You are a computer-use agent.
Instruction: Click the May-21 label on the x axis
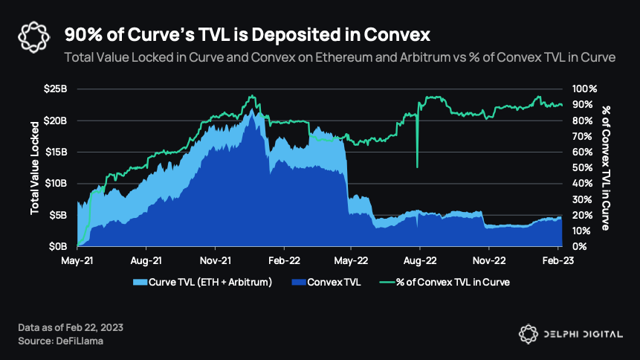coord(77,261)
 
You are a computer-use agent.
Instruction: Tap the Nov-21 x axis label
coord(214,261)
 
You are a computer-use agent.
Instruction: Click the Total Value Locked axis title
coord(35,167)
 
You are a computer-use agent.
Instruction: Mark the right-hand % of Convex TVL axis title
coord(606,167)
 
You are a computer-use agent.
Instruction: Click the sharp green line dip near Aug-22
coord(417,165)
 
